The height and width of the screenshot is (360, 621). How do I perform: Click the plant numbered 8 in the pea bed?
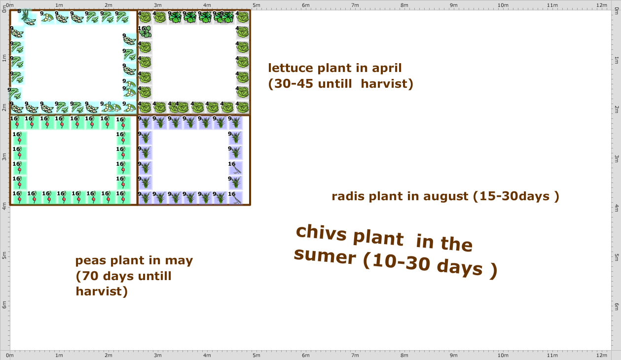point(27,17)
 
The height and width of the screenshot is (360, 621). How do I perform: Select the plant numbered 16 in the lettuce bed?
point(145,32)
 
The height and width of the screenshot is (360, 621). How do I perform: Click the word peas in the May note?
point(92,260)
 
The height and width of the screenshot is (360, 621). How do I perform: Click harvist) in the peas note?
point(102,291)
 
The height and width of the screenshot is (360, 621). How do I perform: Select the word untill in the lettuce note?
point(332,84)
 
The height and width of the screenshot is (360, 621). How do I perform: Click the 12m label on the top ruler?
point(601,5)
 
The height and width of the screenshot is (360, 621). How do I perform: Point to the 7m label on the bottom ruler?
point(355,356)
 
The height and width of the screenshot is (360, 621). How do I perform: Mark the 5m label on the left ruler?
point(4,257)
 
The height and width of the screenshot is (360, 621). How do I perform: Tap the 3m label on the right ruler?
point(616,158)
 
